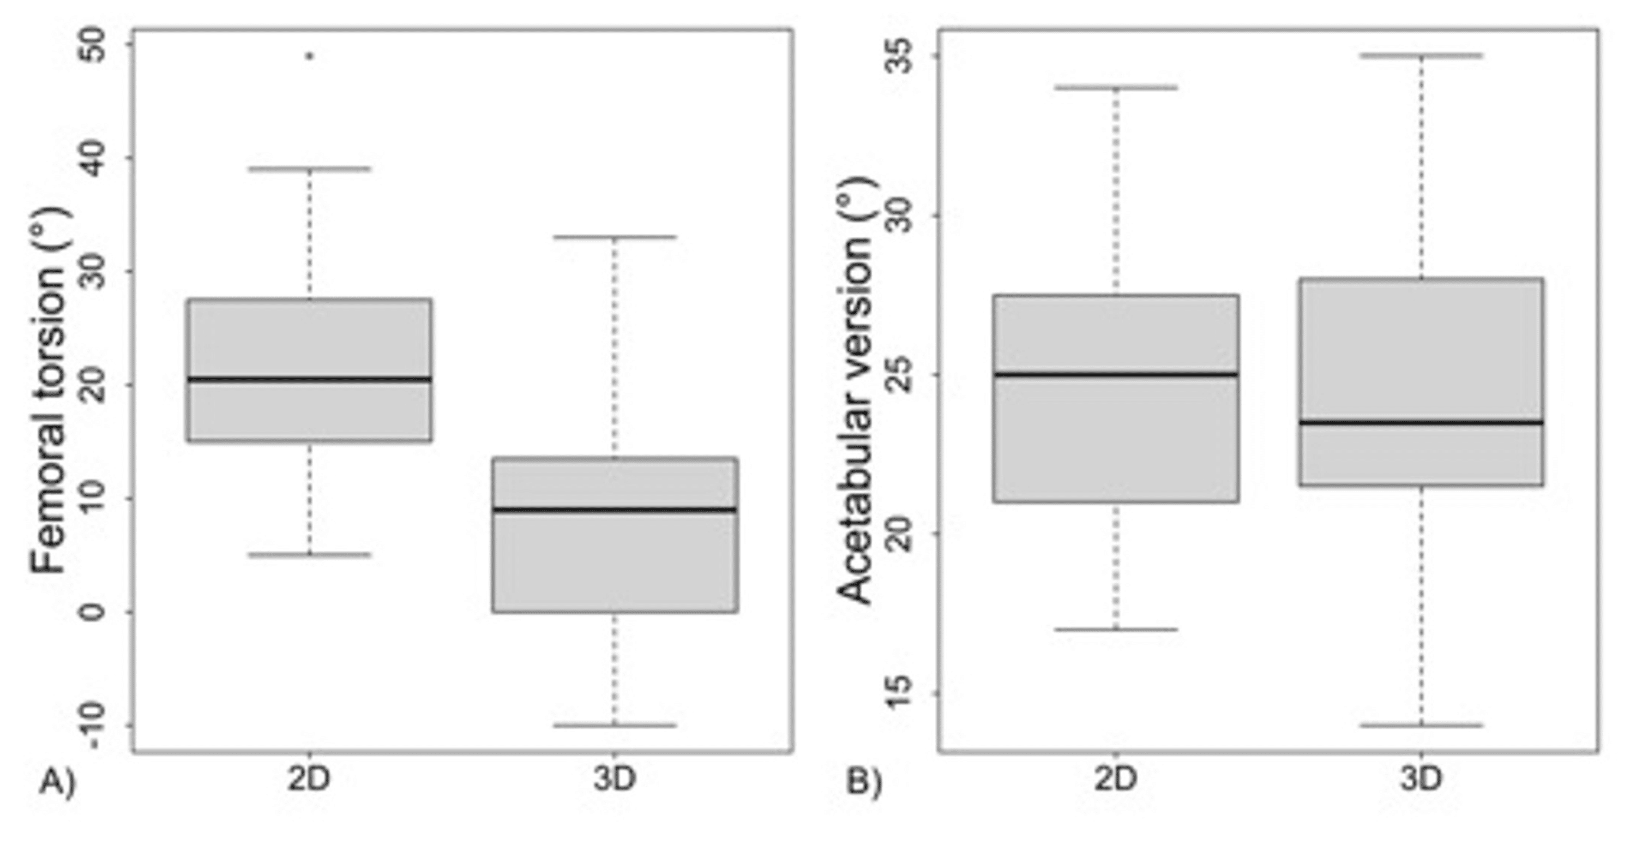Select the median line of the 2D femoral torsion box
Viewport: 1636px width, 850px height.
click(x=310, y=379)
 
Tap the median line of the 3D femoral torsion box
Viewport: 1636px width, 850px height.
click(x=615, y=510)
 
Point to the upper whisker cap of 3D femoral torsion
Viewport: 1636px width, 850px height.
click(x=615, y=237)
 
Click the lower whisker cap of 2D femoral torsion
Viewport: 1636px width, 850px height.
click(x=310, y=555)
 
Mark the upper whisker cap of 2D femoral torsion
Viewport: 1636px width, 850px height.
click(x=310, y=169)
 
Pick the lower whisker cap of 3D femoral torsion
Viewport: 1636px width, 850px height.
click(x=615, y=725)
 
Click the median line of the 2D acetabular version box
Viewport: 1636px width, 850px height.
click(x=1116, y=374)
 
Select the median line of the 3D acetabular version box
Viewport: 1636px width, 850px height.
click(x=1421, y=422)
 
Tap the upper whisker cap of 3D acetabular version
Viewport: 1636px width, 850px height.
click(x=1421, y=56)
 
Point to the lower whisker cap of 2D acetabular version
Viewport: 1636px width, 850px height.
click(x=1116, y=630)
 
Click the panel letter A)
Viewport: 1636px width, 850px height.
click(x=58, y=782)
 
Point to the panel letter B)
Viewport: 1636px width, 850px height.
click(x=864, y=782)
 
